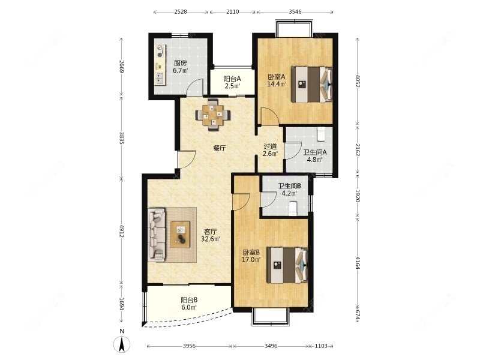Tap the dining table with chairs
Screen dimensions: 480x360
[213, 115]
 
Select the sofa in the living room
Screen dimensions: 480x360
[157, 235]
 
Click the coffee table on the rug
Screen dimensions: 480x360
[181, 235]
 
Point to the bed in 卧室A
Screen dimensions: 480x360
[311, 85]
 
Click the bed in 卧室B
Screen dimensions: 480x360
[287, 265]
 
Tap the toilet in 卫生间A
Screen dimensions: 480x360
[321, 134]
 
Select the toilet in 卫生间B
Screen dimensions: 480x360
[293, 208]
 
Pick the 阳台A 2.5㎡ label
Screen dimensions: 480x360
[232, 83]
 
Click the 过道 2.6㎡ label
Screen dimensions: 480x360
[271, 150]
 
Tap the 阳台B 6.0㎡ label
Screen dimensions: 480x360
[189, 304]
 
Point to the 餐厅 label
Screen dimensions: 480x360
[220, 148]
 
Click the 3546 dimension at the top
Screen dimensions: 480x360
[295, 12]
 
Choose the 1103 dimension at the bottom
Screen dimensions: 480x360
[321, 346]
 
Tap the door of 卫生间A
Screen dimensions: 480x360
[293, 151]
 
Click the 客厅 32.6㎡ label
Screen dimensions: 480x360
[211, 235]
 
